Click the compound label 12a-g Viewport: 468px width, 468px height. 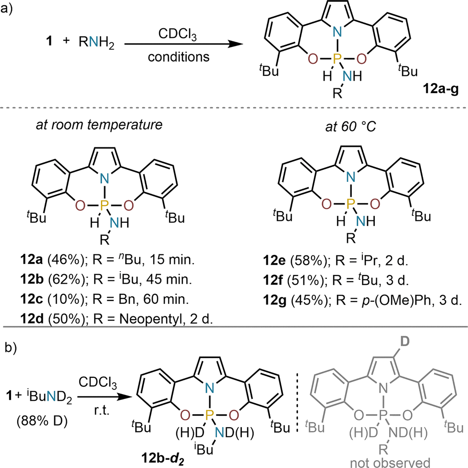[x=441, y=89]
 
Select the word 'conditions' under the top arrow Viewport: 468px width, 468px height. [x=179, y=57]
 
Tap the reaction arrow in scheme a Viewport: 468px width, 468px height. [x=183, y=44]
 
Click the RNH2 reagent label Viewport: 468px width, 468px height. [x=96, y=42]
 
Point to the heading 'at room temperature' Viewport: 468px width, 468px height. [x=99, y=124]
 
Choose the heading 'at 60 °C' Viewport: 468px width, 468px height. [x=351, y=127]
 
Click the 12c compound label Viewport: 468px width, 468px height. [x=32, y=299]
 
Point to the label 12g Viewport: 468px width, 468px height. [x=275, y=300]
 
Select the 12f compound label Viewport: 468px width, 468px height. [x=273, y=280]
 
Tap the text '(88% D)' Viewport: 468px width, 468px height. [x=42, y=421]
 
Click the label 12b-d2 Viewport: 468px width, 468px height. [x=163, y=458]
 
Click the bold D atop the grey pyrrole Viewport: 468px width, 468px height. [x=405, y=341]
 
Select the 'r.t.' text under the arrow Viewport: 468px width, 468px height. [x=102, y=410]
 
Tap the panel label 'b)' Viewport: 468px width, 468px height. [x=11, y=348]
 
